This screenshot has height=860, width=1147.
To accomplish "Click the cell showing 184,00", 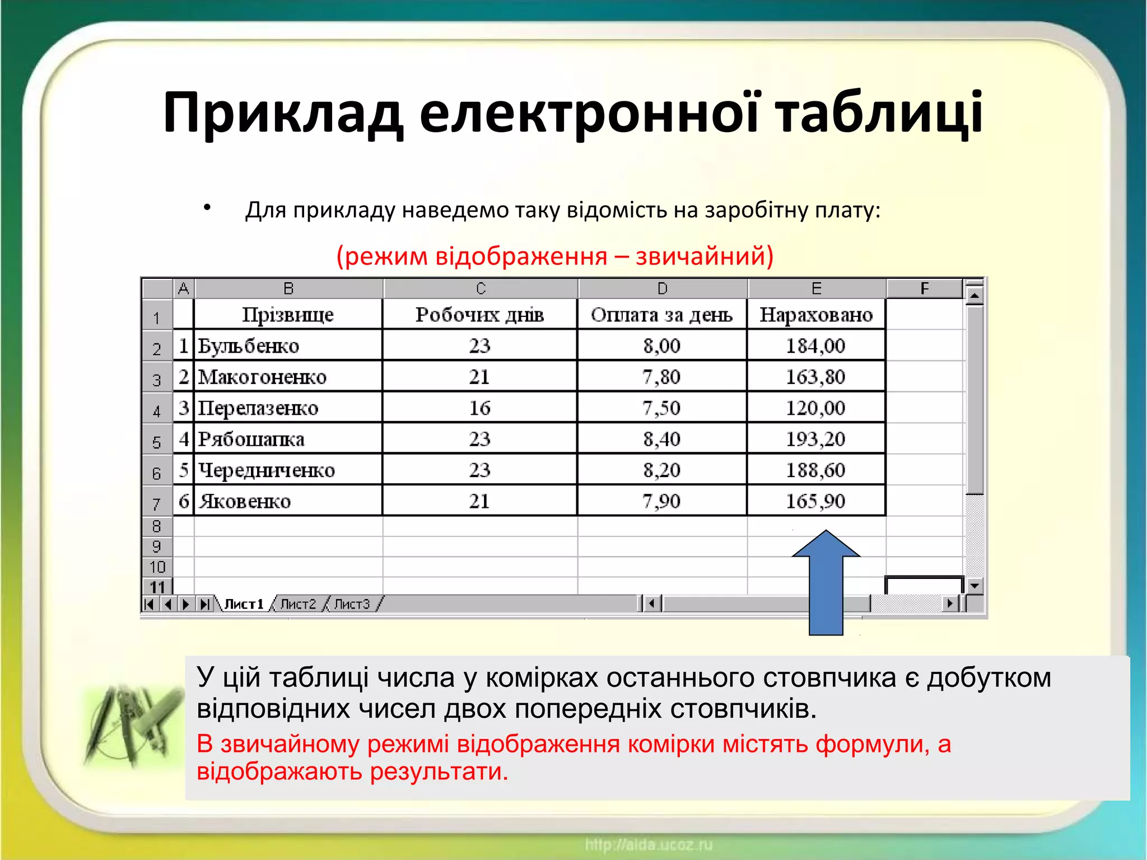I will coord(815,345).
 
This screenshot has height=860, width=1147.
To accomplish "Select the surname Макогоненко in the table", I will coord(262,377).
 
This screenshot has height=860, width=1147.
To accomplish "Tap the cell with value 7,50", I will coord(661,408).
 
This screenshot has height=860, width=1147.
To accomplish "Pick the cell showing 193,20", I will coord(815,439).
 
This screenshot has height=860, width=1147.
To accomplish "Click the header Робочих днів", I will coord(479,315).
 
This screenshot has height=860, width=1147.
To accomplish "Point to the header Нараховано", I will coord(816,315).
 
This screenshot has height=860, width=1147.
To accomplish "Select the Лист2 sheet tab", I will coord(298,604).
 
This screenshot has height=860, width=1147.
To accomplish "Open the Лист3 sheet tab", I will coord(352,604).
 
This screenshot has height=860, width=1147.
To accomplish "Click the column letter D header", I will coord(663,289).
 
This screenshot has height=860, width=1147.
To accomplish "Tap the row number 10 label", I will coord(157,567).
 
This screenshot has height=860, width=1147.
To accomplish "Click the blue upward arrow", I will coord(826,582).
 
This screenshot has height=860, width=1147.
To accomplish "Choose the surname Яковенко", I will coord(245,501).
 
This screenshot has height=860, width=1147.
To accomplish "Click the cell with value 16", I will coord(479,408).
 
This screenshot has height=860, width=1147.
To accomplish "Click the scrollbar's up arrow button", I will coord(975,295).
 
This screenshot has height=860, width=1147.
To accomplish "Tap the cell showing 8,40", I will coord(661,439).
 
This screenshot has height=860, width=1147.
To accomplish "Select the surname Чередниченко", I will coord(267,470).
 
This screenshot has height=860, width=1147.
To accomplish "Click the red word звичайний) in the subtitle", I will coord(705,256).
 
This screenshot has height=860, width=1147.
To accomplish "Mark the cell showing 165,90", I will coord(815,501).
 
